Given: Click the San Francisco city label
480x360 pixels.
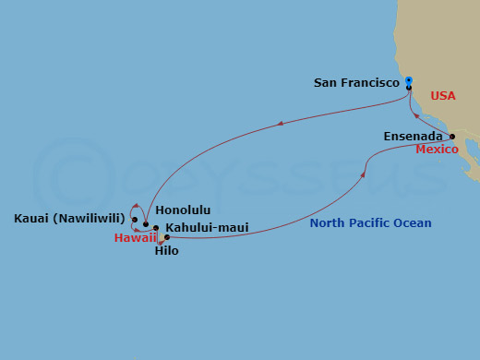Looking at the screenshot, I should coord(356,82).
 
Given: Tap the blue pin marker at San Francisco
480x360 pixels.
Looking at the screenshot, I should coord(408,81).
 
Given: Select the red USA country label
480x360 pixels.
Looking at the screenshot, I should coord(442,96).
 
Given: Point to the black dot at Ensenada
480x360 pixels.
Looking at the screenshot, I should coord(451,137).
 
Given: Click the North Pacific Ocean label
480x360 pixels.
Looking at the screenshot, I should coord(370,223).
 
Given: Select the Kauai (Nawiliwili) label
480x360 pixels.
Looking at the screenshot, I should coord(72,219).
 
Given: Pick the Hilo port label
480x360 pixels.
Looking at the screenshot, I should coord(166,250).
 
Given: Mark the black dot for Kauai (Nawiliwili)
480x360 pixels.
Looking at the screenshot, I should coord(135,220).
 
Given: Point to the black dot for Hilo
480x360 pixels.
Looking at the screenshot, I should coord(166,237).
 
